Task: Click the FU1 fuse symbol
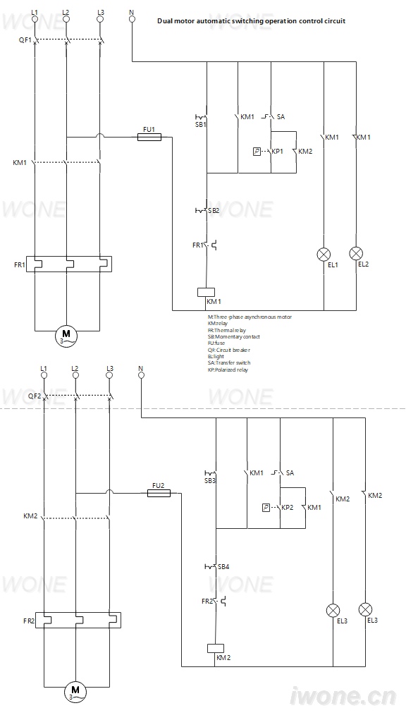pos(149,137)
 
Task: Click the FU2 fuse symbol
pos(159,493)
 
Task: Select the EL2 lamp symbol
pos(356,253)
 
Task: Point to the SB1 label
pos(201,124)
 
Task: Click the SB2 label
pos(214,210)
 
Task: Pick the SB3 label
pos(210,481)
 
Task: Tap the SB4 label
pos(223,567)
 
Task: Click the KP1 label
pos(277,151)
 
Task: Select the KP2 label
pos(287,508)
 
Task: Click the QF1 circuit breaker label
pos(25,40)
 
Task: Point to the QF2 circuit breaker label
pos(35,396)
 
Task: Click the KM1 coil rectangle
pos(206,292)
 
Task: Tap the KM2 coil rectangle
pos(216,648)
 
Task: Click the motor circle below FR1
pos(66,334)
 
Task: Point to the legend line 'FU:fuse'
pos(216,343)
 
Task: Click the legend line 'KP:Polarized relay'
pos(228,370)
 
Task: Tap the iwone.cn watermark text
pos(343,696)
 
